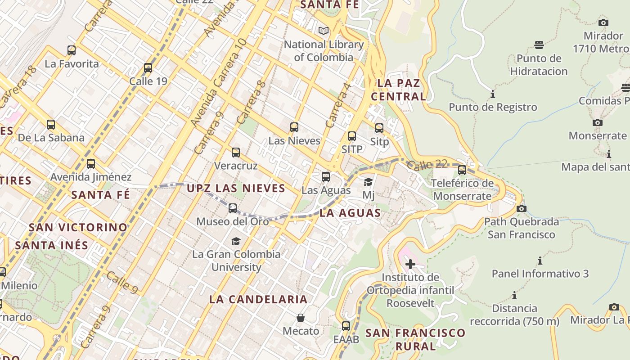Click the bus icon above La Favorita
pos(72,50)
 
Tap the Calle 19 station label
pos(148,81)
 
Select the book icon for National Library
pos(324,31)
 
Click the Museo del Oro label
pos(233,221)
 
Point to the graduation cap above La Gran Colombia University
pos(236,241)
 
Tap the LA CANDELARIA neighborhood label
pos(258,299)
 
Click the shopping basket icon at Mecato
pos(301,318)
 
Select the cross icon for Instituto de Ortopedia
pos(410,264)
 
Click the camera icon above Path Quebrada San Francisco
pos(522,208)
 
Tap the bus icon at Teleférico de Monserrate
pos(462,170)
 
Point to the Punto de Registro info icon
pos(493,94)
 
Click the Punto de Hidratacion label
pos(539,65)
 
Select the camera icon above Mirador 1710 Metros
pos(603,22)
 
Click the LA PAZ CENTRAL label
pos(398,90)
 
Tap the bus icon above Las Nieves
pos(294,127)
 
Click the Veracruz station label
pos(236,166)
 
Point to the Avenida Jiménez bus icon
pos(91,164)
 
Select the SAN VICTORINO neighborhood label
pos(78,227)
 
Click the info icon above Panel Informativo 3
pos(540,261)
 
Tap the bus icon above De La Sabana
pos(51,125)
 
